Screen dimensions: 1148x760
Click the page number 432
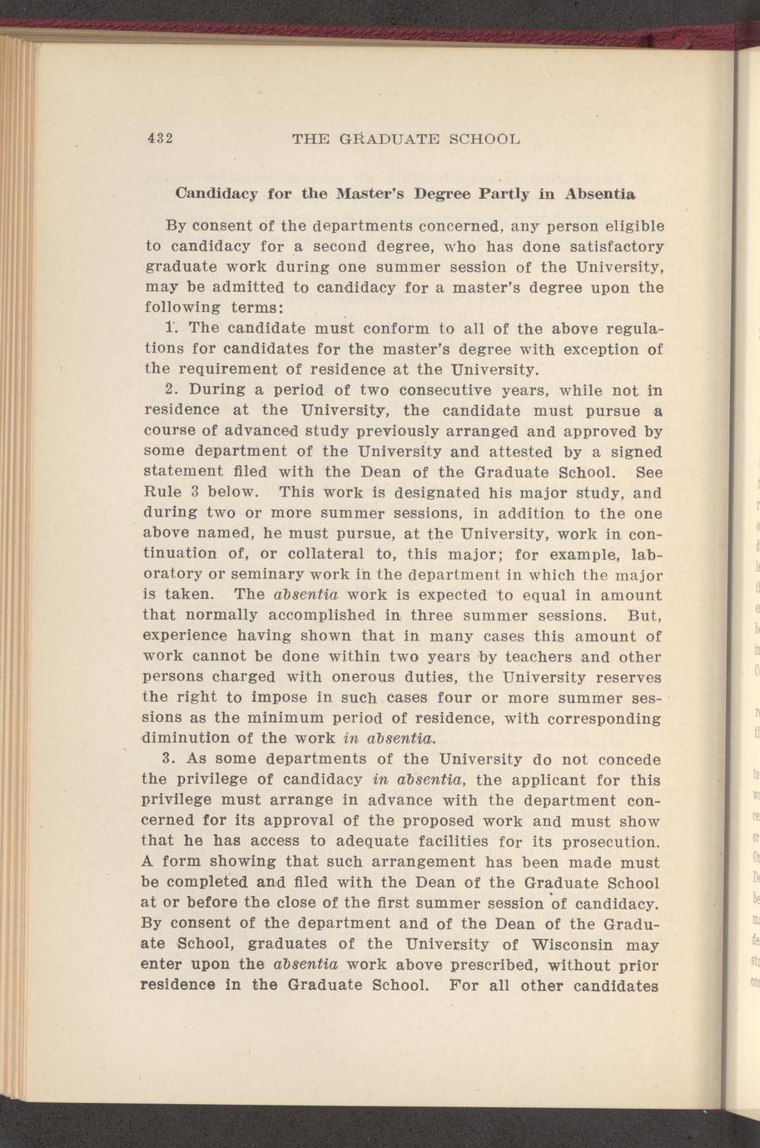pos(159,138)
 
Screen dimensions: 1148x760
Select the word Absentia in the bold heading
pos(600,195)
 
